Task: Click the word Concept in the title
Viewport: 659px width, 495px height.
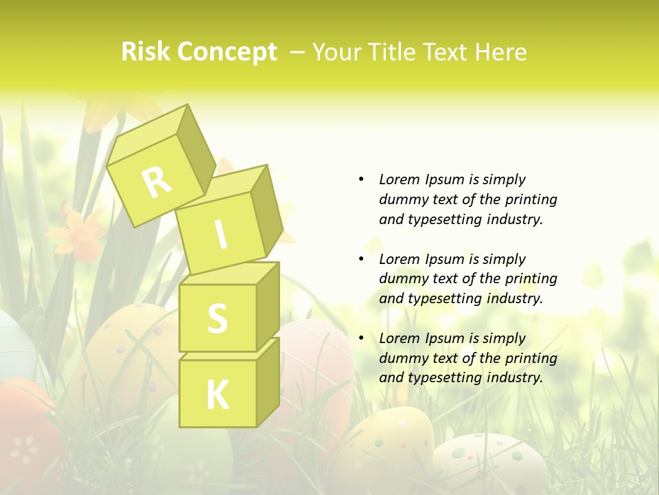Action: pos(227,53)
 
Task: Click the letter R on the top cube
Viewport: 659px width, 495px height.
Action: pos(157,182)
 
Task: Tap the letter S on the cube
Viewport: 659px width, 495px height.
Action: pos(217,319)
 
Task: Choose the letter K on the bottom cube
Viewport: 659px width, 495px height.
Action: pos(217,395)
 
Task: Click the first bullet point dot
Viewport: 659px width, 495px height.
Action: pos(361,179)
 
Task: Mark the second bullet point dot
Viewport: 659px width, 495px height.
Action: pos(361,259)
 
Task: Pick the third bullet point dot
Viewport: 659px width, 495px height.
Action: pos(361,338)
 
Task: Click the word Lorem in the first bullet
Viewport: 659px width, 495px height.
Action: pos(398,179)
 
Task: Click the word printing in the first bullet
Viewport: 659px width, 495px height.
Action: pos(531,199)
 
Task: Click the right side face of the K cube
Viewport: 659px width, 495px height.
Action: pos(268,382)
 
